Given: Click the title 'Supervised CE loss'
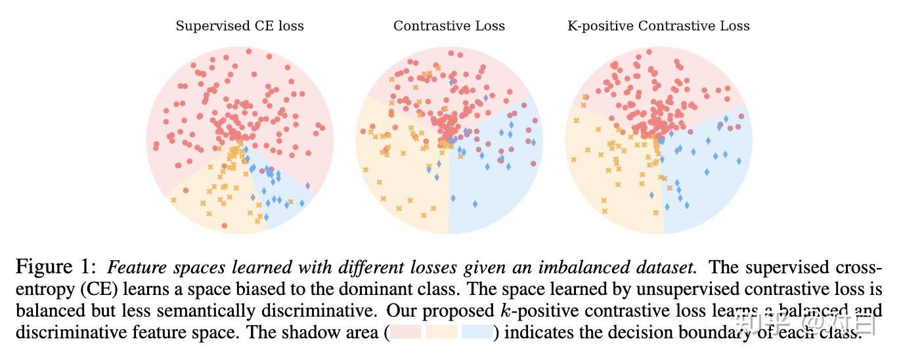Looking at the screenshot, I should [x=240, y=26].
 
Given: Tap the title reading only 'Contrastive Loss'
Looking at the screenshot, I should [x=449, y=26].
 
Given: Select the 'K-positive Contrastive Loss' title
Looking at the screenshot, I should [x=658, y=26].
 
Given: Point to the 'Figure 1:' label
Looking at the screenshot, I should [x=56, y=268].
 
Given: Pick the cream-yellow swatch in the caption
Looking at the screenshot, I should [x=441, y=332].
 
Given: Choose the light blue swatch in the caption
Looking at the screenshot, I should [x=477, y=332].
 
